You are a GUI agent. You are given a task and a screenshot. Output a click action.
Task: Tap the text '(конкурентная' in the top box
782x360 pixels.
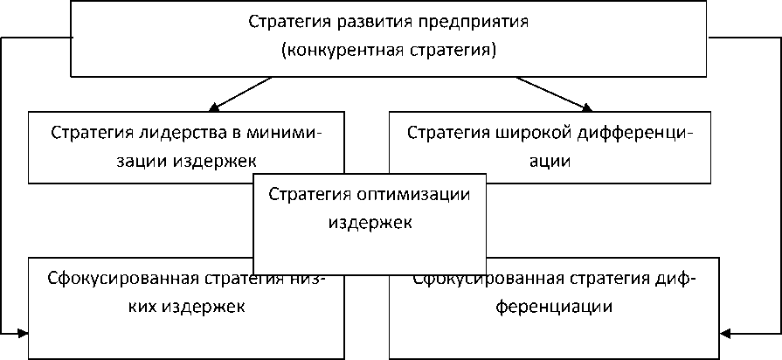tap(331, 50)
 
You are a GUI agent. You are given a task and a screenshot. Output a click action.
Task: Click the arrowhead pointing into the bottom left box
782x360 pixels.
tap(21, 333)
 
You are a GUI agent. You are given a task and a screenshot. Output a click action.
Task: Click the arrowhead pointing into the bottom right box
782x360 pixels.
tap(729, 333)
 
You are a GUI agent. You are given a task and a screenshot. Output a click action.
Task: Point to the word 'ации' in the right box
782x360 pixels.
tap(554, 162)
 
